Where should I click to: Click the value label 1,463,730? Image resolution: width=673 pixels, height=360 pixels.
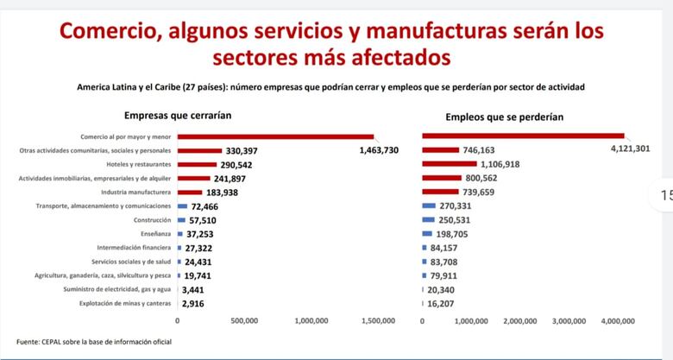pyautogui.click(x=377, y=150)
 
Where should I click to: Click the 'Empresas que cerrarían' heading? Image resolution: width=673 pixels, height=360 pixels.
pyautogui.click(x=178, y=115)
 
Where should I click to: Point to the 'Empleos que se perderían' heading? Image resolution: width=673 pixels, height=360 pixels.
pyautogui.click(x=505, y=116)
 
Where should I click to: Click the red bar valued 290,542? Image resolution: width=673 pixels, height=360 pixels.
pyautogui.click(x=197, y=164)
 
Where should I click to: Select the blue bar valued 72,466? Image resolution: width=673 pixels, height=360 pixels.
pyautogui.click(x=182, y=206)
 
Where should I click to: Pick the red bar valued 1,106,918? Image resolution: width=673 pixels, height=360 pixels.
pyautogui.click(x=449, y=163)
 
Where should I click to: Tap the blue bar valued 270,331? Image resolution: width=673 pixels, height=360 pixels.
pyautogui.click(x=429, y=206)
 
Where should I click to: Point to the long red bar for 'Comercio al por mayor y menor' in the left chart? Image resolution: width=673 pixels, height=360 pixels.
pyautogui.click(x=275, y=136)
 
